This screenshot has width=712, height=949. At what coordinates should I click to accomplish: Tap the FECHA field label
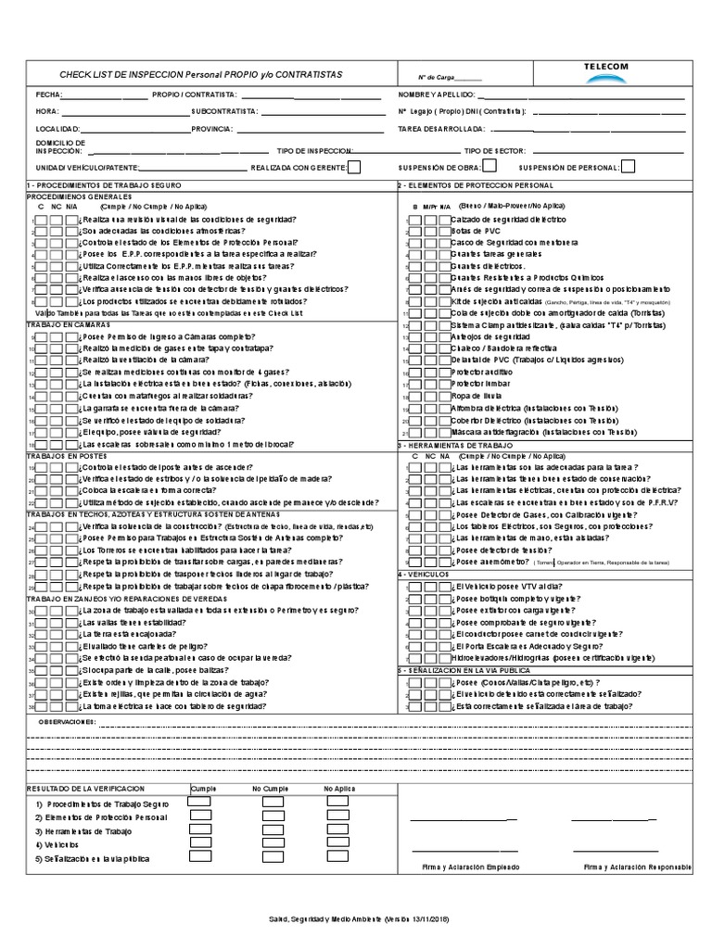click(x=47, y=95)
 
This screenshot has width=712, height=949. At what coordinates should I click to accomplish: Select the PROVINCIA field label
click(x=211, y=129)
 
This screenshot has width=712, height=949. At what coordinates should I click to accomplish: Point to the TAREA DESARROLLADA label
click(x=440, y=129)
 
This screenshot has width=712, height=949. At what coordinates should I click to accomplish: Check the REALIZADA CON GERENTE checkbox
click(x=353, y=167)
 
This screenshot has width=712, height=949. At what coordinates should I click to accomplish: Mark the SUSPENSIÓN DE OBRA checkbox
click(x=489, y=166)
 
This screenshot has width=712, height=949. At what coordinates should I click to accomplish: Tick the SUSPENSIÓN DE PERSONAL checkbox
click(x=628, y=167)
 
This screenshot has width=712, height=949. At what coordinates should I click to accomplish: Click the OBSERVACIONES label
click(x=66, y=720)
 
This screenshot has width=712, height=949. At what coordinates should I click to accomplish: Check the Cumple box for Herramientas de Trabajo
click(x=200, y=831)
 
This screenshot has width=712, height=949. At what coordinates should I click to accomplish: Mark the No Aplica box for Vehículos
click(x=337, y=845)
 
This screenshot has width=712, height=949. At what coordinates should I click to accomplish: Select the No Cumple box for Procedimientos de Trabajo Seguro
click(x=268, y=803)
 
